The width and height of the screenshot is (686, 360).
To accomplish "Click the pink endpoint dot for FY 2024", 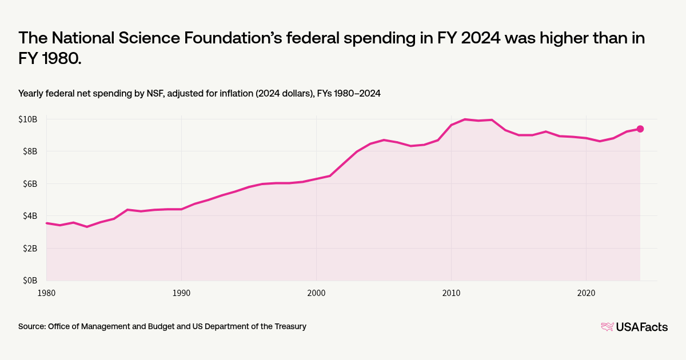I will tap(640, 129).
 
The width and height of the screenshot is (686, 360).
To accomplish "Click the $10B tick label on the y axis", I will tap(29, 119).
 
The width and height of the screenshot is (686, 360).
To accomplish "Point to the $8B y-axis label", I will tap(30, 151).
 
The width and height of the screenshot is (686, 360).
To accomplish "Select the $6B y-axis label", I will tap(30, 184).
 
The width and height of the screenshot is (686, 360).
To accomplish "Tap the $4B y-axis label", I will tap(30, 216).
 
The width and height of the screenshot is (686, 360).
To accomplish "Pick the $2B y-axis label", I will tap(30, 249).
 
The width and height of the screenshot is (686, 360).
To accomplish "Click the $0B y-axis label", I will tap(30, 281).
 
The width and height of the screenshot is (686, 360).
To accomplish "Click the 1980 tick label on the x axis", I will tap(46, 293).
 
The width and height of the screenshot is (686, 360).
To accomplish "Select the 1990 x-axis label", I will tap(181, 293).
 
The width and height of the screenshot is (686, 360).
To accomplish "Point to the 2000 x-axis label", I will tap(316, 293).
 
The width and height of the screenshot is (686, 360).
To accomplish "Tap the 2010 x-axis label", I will tap(451, 293).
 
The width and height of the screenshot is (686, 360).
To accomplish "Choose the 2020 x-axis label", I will tap(586, 293).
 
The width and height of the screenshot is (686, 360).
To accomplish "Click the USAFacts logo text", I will tap(641, 327).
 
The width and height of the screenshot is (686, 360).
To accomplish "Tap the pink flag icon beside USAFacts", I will tap(607, 327).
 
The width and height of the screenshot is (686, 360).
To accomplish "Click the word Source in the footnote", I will tap(32, 327).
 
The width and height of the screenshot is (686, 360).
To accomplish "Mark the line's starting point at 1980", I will tap(46, 223).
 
